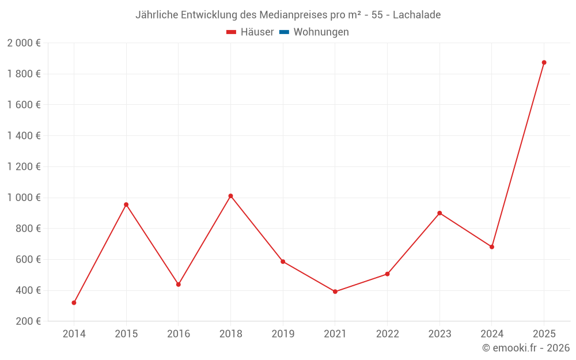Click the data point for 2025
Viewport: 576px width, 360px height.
544,62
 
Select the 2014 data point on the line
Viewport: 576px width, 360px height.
74,302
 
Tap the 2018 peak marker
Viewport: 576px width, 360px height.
230,196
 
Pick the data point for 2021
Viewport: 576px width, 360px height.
335,291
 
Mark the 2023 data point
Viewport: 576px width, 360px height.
439,213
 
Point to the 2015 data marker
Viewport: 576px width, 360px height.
126,204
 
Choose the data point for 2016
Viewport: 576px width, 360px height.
179,284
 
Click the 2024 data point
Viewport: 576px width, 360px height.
492,247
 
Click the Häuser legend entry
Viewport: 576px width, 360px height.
251,32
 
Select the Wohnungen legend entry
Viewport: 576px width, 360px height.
321,32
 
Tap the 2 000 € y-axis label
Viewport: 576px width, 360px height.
24,43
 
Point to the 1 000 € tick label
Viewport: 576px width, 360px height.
24,198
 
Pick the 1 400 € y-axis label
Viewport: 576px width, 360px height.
24,136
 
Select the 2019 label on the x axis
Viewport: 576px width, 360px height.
283,334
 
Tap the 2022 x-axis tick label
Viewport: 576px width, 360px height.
387,334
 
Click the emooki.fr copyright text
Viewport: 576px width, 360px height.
526,348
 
